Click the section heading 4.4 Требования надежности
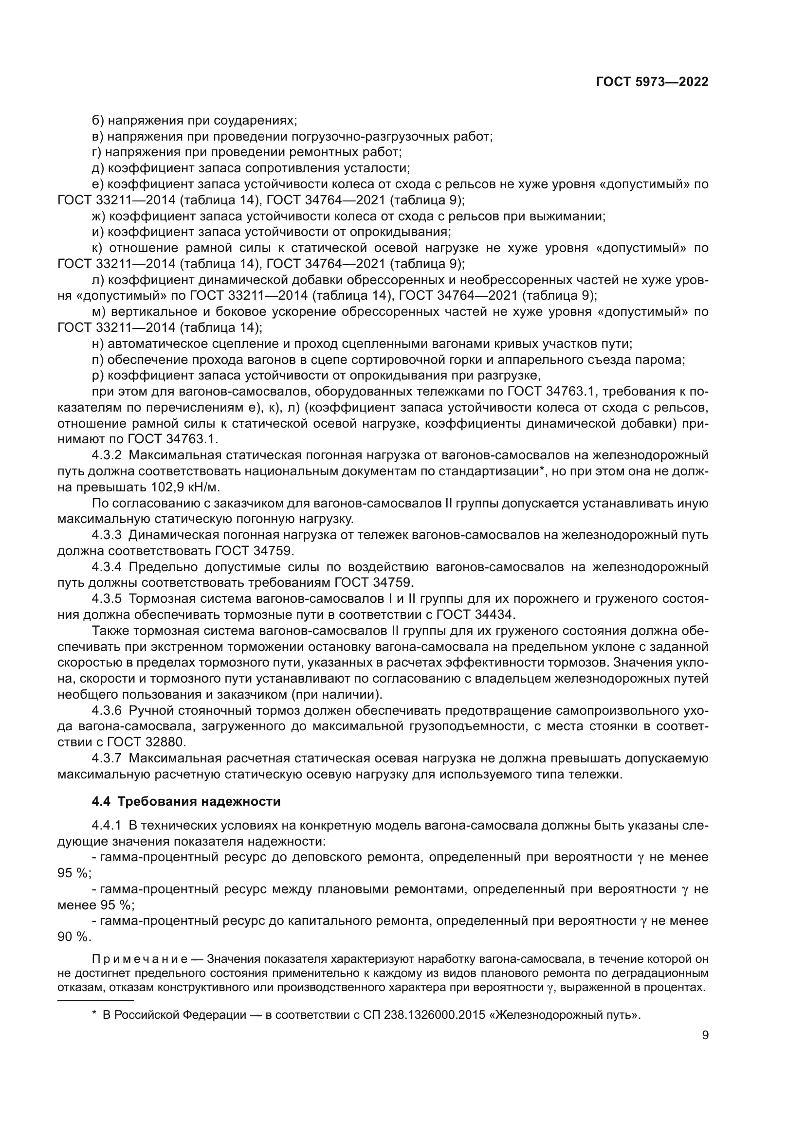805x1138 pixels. click(x=186, y=801)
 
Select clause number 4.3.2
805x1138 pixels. click(x=107, y=455)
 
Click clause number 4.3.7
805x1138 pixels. click(x=107, y=758)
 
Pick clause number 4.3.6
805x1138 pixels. click(x=107, y=710)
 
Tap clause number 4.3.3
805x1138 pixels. click(x=107, y=535)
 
